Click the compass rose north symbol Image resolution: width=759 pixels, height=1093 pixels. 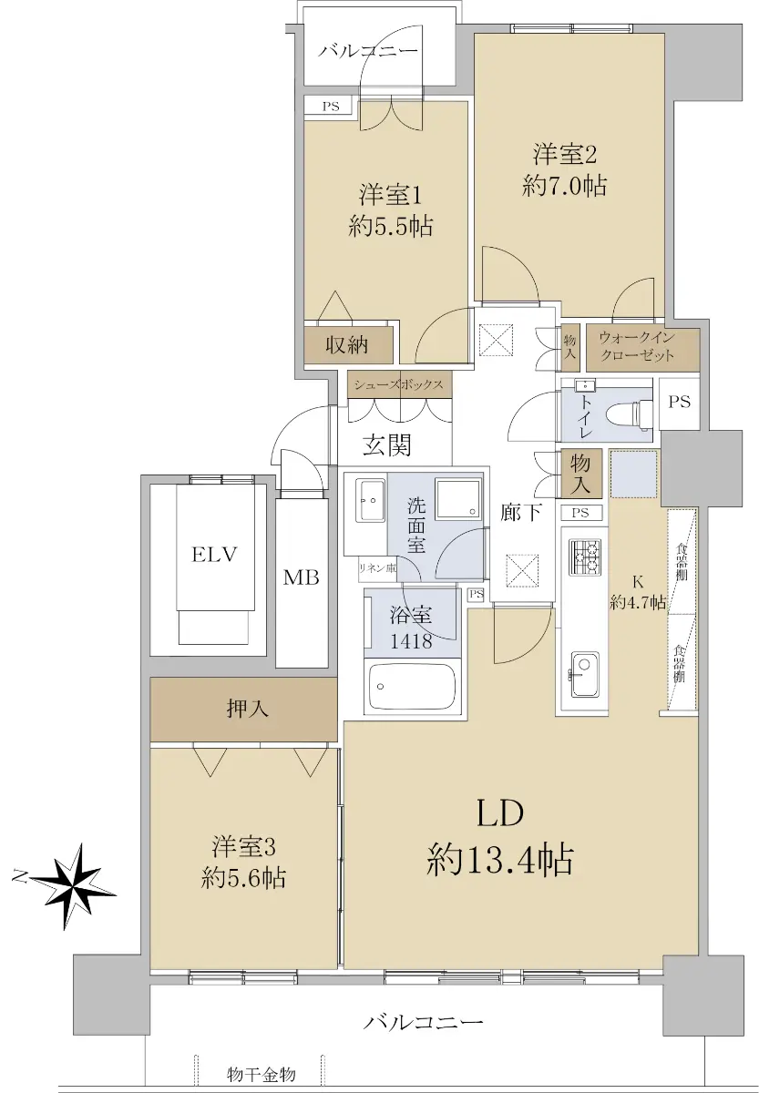pyautogui.click(x=73, y=879)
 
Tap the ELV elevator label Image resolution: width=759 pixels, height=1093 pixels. pyautogui.click(x=214, y=555)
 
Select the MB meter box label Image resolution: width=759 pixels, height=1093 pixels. pyautogui.click(x=302, y=577)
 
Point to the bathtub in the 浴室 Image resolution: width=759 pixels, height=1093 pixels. pyautogui.click(x=412, y=686)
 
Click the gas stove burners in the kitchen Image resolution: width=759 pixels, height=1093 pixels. pyautogui.click(x=585, y=557)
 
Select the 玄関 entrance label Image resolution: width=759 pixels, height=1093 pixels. pyautogui.click(x=387, y=444)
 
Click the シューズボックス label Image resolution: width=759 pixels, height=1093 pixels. pyautogui.click(x=399, y=384)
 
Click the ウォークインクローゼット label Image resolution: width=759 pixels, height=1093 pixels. pyautogui.click(x=637, y=345)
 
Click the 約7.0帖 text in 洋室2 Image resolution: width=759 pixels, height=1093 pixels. pyautogui.click(x=564, y=186)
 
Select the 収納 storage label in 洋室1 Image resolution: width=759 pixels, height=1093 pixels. pyautogui.click(x=347, y=345)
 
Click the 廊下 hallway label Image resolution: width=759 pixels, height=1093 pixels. pyautogui.click(x=520, y=512)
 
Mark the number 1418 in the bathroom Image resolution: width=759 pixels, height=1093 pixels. pyautogui.click(x=411, y=641)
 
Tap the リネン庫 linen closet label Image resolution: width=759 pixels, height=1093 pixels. pyautogui.click(x=377, y=567)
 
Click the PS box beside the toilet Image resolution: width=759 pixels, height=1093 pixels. pyautogui.click(x=679, y=402)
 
